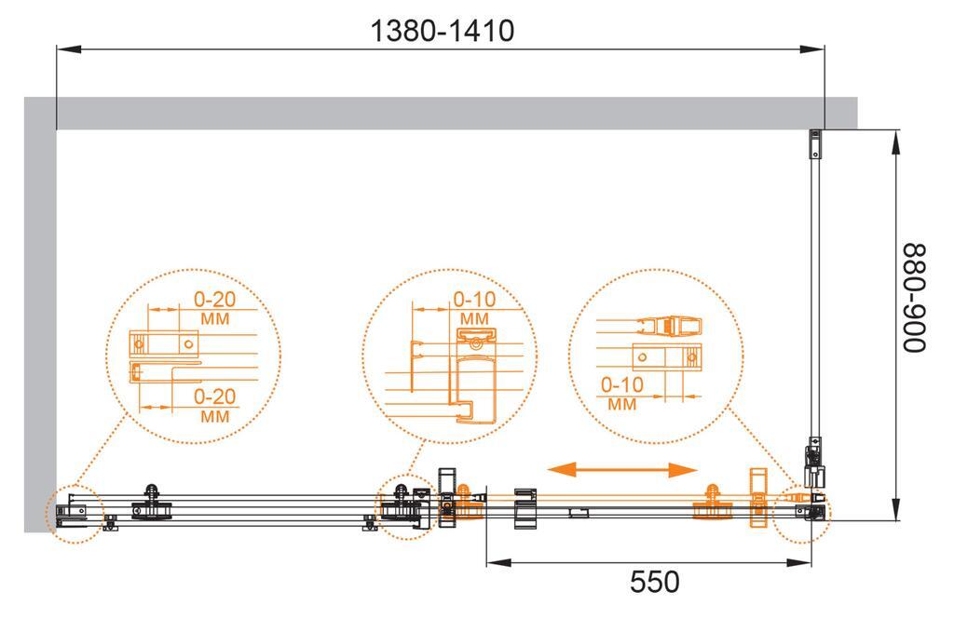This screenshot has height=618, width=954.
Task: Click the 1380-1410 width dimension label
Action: pos(443,31)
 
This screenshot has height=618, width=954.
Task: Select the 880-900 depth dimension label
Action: pos(914,298)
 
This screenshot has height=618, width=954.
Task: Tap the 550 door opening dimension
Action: pos(655,582)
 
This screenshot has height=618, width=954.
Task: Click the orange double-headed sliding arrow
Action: pos(622,469)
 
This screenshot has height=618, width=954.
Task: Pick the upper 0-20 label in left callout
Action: pos(215,299)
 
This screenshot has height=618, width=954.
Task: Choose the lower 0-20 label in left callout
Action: pos(215,396)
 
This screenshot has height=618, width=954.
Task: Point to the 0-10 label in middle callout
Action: pos(474,299)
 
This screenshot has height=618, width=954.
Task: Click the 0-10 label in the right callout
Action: pos(621,384)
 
